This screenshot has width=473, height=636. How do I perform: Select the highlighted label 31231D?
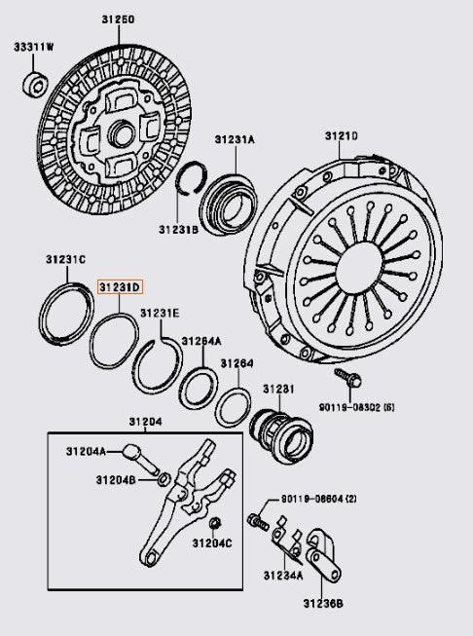(x=120, y=287)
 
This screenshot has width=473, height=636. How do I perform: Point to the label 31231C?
(x=65, y=259)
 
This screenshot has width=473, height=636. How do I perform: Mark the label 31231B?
(x=179, y=229)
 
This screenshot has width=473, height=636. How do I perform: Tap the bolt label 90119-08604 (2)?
(x=319, y=499)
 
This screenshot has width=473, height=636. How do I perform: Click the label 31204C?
(x=212, y=542)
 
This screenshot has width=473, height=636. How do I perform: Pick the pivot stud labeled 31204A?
(x=141, y=454)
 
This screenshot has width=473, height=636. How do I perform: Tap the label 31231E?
(x=160, y=313)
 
